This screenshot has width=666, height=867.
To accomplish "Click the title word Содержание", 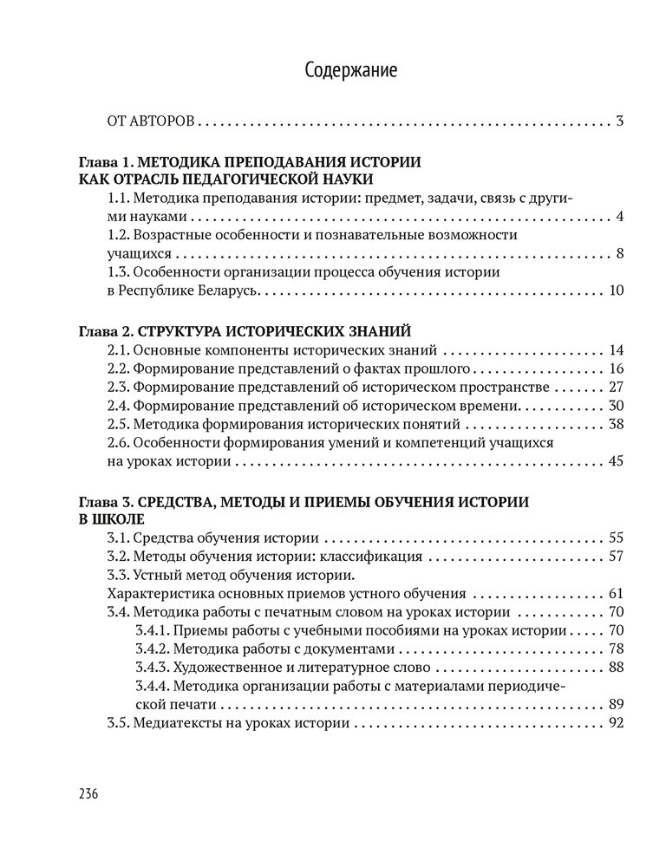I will click(351, 71).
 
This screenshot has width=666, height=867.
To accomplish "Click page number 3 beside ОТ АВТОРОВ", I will click(619, 121).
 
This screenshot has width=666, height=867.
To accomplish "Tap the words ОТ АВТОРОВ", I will click(151, 121).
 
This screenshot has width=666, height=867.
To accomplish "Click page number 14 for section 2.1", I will click(616, 350).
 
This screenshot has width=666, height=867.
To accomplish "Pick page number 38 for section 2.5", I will click(616, 424).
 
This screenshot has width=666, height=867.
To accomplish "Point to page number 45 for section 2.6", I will click(616, 460).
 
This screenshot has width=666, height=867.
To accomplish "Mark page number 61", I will click(616, 594).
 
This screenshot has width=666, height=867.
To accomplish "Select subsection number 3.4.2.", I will click(153, 649).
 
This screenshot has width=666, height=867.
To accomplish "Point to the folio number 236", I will click(88, 794).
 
